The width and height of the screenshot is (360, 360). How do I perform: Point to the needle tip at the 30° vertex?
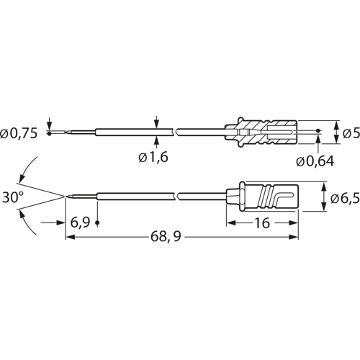pos(66,195)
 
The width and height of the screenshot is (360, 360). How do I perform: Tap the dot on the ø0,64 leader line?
pos(318,132)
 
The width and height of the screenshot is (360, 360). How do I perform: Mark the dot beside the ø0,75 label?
pos(48,133)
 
